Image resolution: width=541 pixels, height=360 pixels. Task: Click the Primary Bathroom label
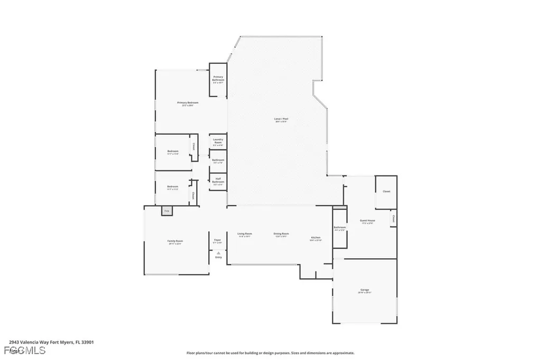218,80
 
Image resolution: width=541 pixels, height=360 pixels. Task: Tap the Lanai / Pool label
281,120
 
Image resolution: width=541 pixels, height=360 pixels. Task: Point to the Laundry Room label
218,141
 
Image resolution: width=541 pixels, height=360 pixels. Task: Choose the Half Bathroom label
218,181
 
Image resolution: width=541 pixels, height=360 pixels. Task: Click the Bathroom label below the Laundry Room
218,161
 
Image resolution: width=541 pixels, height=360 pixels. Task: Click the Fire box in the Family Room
166,211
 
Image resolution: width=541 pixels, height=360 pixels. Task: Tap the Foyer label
217,241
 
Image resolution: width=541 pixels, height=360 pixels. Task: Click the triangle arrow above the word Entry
218,253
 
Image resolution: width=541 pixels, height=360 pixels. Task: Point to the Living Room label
244,234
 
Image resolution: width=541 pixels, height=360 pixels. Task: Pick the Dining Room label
281,234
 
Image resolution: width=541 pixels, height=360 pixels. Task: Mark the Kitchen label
315,239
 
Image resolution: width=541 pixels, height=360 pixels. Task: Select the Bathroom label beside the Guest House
339,229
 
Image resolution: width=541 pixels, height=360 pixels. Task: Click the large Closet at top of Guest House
386,191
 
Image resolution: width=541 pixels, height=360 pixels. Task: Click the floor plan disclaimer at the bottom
270,353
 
